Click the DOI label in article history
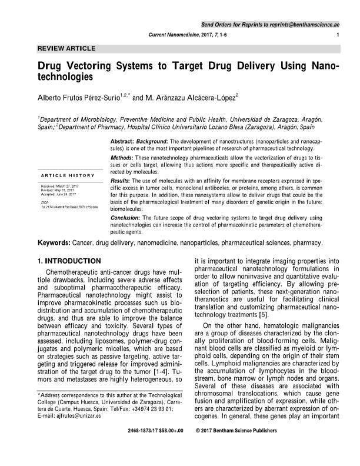[x=46, y=201]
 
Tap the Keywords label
[x=54, y=242]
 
